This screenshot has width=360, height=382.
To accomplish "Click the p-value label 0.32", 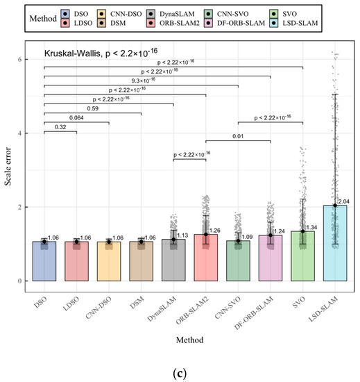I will (60, 127).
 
